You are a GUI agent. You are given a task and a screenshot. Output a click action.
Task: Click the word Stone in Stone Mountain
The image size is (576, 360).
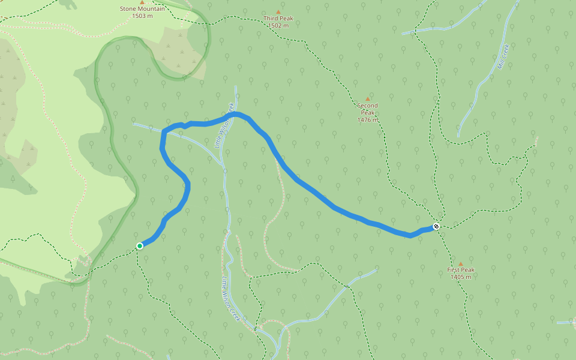pos(128,9)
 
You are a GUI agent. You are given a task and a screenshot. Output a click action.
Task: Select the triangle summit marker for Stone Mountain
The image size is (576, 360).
pos(142,2)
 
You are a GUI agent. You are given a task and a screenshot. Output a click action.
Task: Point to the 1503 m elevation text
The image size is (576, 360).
pos(142,16)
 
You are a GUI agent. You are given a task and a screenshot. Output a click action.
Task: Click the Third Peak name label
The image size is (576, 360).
pos(278,19)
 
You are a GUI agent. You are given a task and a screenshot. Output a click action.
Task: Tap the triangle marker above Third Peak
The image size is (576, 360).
pos(278,12)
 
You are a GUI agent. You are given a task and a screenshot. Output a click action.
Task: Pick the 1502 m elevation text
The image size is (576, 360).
pos(278,26)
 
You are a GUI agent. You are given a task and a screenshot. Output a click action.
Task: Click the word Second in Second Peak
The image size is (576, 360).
pos(368,106)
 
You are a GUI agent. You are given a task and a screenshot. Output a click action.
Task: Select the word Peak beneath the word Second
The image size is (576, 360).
pos(368,113)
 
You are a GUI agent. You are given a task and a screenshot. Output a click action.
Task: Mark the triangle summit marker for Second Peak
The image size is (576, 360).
pos(368,99)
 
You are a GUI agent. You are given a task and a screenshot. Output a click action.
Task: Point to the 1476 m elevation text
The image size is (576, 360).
pos(368,120)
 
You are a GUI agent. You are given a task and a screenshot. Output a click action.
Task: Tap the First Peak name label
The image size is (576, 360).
pos(461,270)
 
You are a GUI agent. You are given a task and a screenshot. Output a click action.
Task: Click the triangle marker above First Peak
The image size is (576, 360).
pos(461,263)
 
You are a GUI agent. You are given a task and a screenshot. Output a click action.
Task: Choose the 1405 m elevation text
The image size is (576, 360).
pos(461,277)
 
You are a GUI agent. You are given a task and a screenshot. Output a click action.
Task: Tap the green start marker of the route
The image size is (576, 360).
pos(140,245)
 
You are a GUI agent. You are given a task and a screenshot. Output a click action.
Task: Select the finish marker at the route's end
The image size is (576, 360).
pos(436,226)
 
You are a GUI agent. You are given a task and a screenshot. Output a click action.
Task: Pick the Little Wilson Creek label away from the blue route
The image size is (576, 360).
pos(230,298)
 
